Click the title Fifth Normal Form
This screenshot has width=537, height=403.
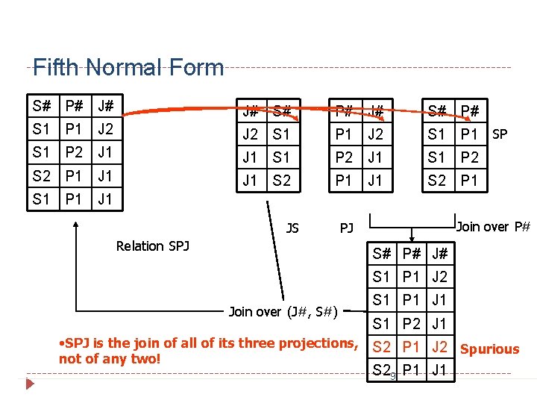[x=128, y=68]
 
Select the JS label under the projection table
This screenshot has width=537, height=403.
[x=292, y=228]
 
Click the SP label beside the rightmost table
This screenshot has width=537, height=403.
[x=500, y=134]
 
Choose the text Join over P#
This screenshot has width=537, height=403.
[x=493, y=225]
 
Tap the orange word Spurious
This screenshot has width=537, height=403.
[x=489, y=349]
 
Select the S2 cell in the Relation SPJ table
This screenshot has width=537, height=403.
[x=41, y=177]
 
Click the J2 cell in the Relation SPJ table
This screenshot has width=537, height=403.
[x=105, y=128]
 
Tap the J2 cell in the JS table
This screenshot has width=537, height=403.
[x=250, y=135]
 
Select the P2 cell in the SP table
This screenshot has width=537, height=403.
[x=469, y=157]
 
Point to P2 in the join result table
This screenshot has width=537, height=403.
[x=411, y=324]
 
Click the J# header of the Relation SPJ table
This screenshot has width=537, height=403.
[x=105, y=105]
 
